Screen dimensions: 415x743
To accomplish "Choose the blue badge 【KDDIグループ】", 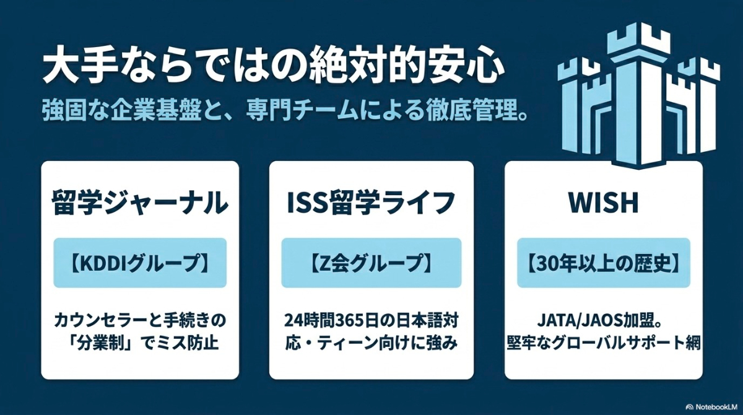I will pos(140,263).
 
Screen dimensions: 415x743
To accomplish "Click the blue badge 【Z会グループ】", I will pos(371,263).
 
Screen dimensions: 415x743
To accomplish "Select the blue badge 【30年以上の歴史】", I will pos(603,263).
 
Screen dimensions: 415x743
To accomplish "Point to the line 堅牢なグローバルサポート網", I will pos(603,342).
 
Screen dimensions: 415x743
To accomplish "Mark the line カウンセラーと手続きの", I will pos(140,321).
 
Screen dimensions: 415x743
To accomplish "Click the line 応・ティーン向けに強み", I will pos(371,342).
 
